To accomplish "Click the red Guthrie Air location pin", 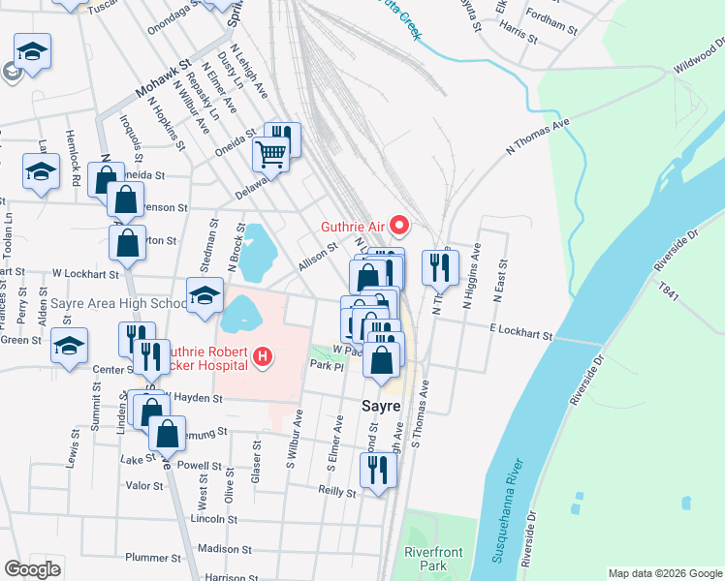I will [398, 227].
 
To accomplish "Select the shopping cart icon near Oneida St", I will [271, 153].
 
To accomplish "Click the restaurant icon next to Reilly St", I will [376, 471].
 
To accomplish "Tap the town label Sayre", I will [381, 407].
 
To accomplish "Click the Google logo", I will [33, 568].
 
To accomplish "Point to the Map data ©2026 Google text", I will [664, 573].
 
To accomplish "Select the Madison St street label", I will [225, 548].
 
